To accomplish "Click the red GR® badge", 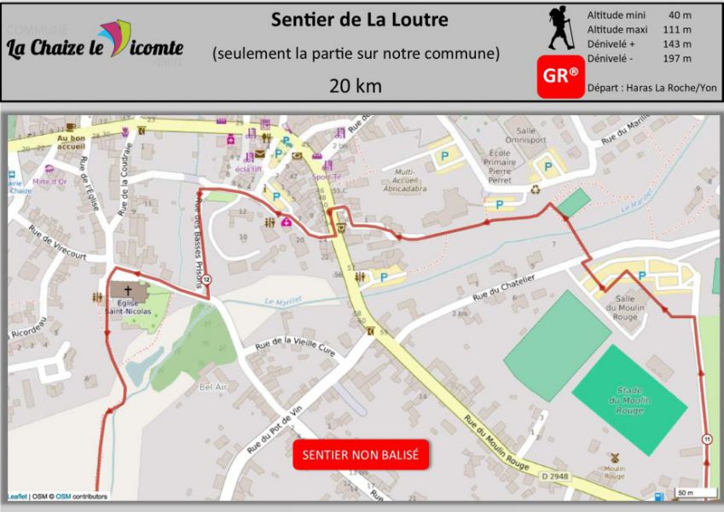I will point(560,76).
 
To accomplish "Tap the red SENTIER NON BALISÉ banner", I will point(361,455).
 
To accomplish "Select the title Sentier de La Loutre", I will point(359,20).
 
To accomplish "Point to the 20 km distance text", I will point(356,85).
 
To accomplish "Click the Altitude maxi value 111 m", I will point(680,30).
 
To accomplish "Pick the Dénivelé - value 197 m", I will point(680,58).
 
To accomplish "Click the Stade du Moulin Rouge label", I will point(629,399).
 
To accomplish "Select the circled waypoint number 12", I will point(206,279).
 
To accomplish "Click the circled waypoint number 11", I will point(707,439).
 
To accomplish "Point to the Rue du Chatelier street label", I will point(504,286).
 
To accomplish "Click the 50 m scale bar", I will point(685,492).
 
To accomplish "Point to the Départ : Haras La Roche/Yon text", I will point(652,88).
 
